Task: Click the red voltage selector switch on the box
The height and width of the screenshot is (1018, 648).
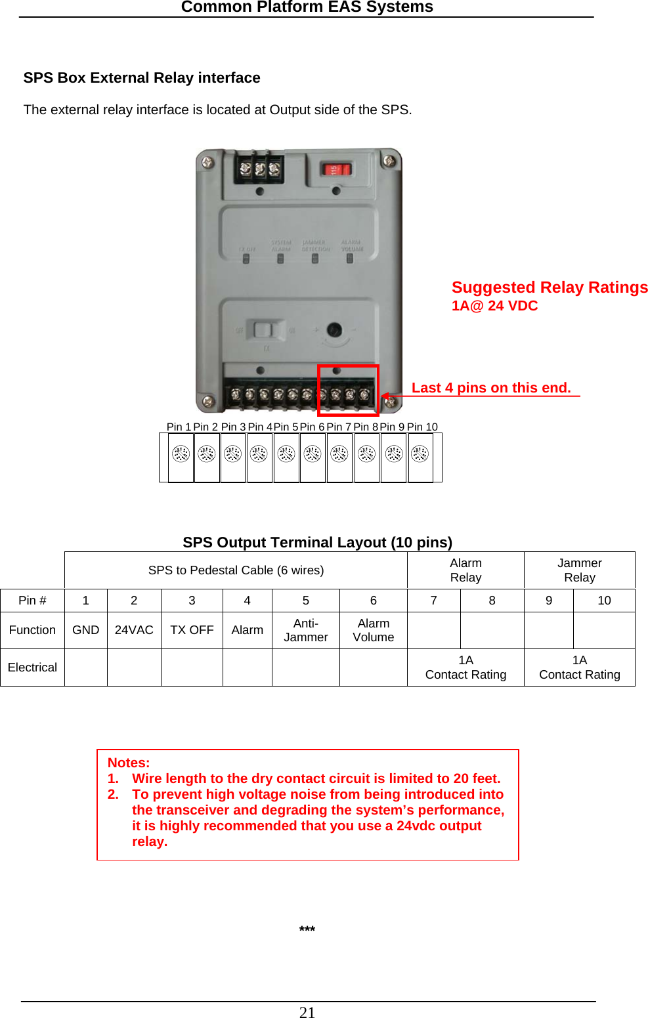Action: (335, 170)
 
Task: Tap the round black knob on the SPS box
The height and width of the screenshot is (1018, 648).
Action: (334, 329)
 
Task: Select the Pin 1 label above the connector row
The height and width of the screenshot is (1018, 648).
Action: (179, 427)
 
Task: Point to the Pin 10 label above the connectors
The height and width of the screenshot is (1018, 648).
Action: (422, 427)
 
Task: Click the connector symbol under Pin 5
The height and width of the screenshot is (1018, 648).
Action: (286, 454)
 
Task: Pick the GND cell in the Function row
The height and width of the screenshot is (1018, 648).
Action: (85, 630)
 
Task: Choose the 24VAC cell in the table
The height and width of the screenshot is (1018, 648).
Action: (134, 630)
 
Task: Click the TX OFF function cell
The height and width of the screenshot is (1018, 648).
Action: (192, 630)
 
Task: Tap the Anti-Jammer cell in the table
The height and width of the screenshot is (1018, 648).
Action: (305, 630)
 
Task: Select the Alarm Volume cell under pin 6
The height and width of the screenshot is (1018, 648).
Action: (373, 630)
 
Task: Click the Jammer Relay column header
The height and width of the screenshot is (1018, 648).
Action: (579, 570)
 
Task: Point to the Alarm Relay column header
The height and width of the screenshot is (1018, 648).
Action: (465, 570)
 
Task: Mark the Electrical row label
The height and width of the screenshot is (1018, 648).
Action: (32, 668)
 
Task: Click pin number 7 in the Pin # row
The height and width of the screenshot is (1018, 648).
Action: (433, 601)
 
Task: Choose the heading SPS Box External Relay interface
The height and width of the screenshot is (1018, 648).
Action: (142, 78)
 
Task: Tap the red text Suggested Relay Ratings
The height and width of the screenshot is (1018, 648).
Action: (549, 287)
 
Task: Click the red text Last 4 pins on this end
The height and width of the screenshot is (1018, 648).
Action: (491, 388)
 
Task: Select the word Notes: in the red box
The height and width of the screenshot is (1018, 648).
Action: (129, 763)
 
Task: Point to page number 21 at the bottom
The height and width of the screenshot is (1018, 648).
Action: (307, 1012)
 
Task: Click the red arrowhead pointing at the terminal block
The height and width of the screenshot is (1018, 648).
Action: (386, 396)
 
